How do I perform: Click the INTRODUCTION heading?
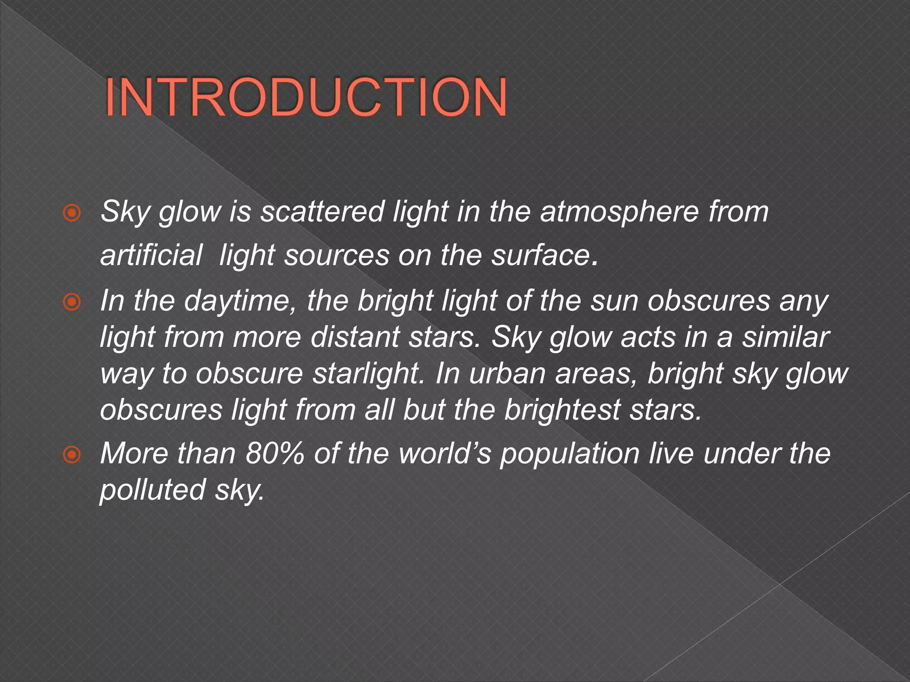click(x=306, y=98)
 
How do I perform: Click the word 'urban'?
click(x=507, y=374)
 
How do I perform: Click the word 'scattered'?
click(x=322, y=212)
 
